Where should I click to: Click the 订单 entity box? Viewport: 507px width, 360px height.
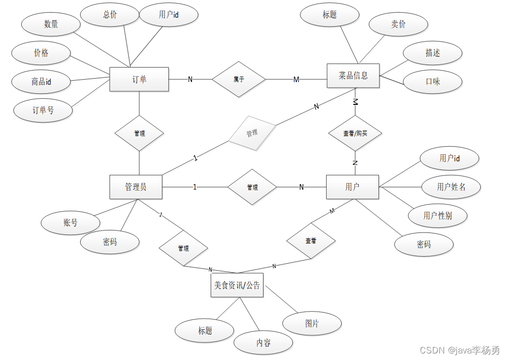pos(139,79)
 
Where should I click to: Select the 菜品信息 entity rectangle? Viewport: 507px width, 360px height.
pos(353,76)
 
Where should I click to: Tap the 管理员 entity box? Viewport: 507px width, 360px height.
pos(136,187)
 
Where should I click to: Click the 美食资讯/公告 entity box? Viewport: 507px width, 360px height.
pos(237,285)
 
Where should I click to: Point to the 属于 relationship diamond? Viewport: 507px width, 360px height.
pos(238,79)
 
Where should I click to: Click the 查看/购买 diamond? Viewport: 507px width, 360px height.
pos(355,134)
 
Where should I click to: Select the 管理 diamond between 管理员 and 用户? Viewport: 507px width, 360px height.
pos(252,187)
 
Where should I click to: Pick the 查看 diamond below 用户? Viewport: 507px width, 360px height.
pos(311,241)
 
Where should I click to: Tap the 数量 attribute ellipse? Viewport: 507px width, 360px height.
pos(51,24)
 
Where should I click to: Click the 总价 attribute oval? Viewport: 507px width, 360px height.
pos(110,15)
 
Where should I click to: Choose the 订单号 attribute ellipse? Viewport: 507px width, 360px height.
pos(43,110)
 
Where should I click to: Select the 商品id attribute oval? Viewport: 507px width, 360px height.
pos(41,81)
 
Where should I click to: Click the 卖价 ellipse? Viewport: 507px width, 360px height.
pos(398,24)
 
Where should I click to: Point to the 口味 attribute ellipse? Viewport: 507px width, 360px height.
pos(433,81)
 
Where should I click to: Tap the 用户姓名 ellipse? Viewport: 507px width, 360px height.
pos(451,187)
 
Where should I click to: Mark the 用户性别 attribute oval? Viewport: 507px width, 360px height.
pos(437,216)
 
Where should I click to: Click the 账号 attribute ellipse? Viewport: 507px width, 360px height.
pos(71,222)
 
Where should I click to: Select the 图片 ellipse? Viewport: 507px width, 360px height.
pos(312,323)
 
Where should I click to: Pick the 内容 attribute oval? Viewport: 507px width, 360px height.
pos(263,343)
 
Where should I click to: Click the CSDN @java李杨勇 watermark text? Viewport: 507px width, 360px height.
pos(459,350)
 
